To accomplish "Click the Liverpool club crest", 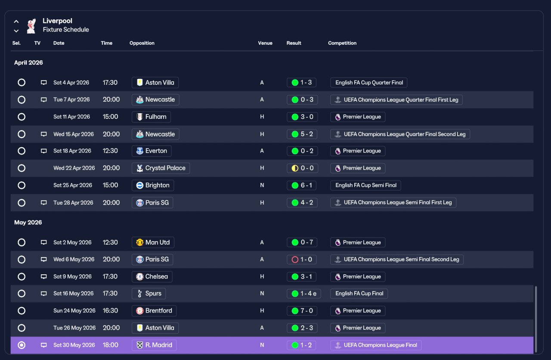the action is (31, 26).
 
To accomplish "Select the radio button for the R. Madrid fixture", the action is (22, 345).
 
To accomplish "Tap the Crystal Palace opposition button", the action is (161, 168).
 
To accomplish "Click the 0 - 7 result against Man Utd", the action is (302, 242).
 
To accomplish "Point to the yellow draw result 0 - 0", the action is (302, 168).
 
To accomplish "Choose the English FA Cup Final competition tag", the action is (359, 294).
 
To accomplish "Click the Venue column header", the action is (265, 43).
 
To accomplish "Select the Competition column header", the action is (342, 43).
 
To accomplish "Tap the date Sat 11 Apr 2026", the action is (71, 117).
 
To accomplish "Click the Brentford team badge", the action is (140, 311).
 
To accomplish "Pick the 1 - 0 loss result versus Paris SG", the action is (302, 259).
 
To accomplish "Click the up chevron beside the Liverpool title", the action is (16, 22).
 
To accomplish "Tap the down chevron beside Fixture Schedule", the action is (16, 31).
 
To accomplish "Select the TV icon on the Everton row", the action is (43, 151).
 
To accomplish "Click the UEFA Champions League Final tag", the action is (376, 345).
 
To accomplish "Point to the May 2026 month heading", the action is (28, 223).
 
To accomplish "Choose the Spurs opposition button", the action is (149, 294).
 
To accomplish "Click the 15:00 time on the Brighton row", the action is (110, 185).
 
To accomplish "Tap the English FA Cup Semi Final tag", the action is (365, 185).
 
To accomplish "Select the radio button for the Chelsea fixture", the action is (22, 276).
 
